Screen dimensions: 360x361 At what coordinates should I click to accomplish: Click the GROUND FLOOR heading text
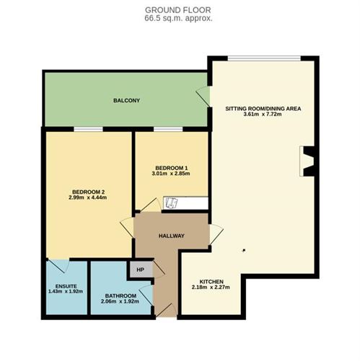178,10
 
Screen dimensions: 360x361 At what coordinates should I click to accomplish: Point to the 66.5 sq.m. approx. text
178,19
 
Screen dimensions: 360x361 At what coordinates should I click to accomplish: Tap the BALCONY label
126,100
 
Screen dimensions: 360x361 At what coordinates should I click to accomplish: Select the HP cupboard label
140,269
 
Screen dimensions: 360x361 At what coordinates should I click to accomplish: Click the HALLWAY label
172,236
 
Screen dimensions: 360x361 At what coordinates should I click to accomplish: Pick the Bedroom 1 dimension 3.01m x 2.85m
171,174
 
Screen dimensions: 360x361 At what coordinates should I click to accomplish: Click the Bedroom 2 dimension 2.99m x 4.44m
88,197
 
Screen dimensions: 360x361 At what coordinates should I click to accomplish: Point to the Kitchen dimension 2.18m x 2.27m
211,287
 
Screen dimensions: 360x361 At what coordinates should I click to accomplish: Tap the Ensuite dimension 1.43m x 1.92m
66,292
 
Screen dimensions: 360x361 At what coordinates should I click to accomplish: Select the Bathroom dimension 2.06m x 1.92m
120,301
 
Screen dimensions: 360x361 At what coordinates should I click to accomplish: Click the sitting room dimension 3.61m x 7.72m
263,114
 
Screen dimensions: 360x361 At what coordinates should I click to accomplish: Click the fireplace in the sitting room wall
307,161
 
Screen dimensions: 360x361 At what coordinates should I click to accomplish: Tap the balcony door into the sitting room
203,96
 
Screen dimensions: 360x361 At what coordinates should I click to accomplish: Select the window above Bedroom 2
88,129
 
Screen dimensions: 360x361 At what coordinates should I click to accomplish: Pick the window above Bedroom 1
168,129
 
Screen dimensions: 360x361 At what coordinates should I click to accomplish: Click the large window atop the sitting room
264,58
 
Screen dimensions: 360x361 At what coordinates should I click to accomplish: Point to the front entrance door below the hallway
167,310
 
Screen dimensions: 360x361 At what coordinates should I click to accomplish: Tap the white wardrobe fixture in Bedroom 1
185,203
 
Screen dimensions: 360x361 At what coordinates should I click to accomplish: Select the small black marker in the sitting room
244,251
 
